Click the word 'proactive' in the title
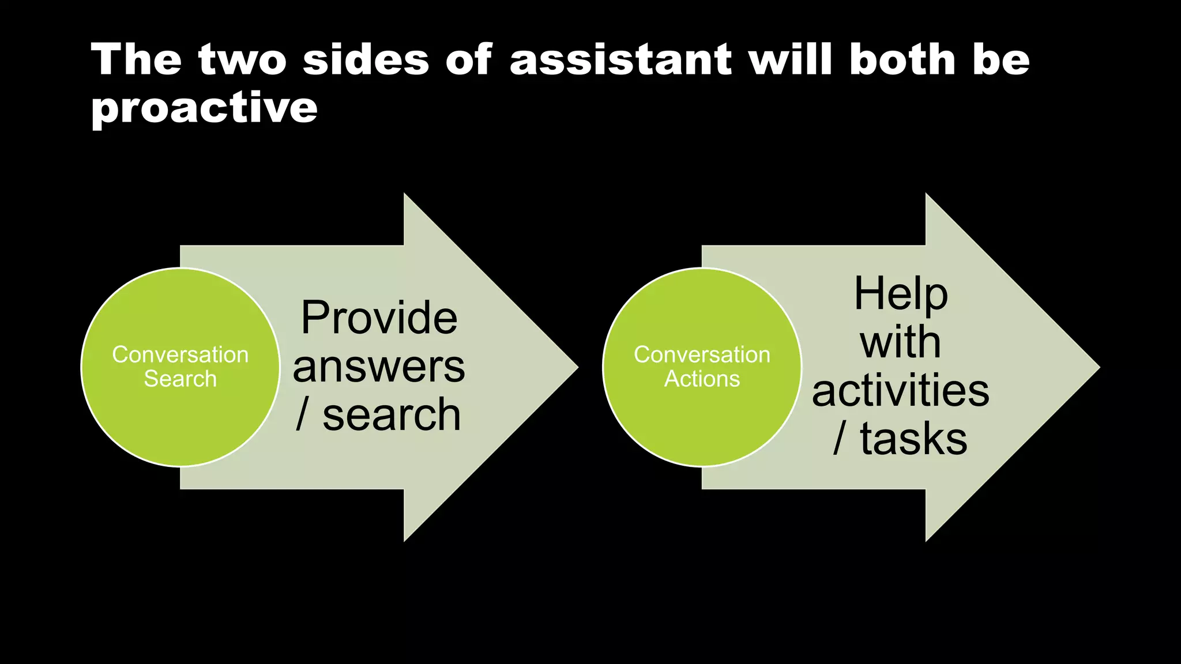coord(204,108)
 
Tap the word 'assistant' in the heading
coord(620,60)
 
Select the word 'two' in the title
coord(242,60)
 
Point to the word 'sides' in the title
coord(366,60)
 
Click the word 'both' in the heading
coord(902,60)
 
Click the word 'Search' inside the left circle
coord(180,379)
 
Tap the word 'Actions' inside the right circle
coord(702,379)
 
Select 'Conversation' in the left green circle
coord(180,354)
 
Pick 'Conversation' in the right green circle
coord(702,354)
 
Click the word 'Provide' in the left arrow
coord(379,318)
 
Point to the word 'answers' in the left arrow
coord(379,367)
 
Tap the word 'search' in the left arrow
coord(392,415)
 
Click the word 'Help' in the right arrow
coord(901,294)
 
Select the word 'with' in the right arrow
coord(901,342)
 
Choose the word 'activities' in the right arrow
coord(901,391)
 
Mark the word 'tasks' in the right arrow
coord(913,439)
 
